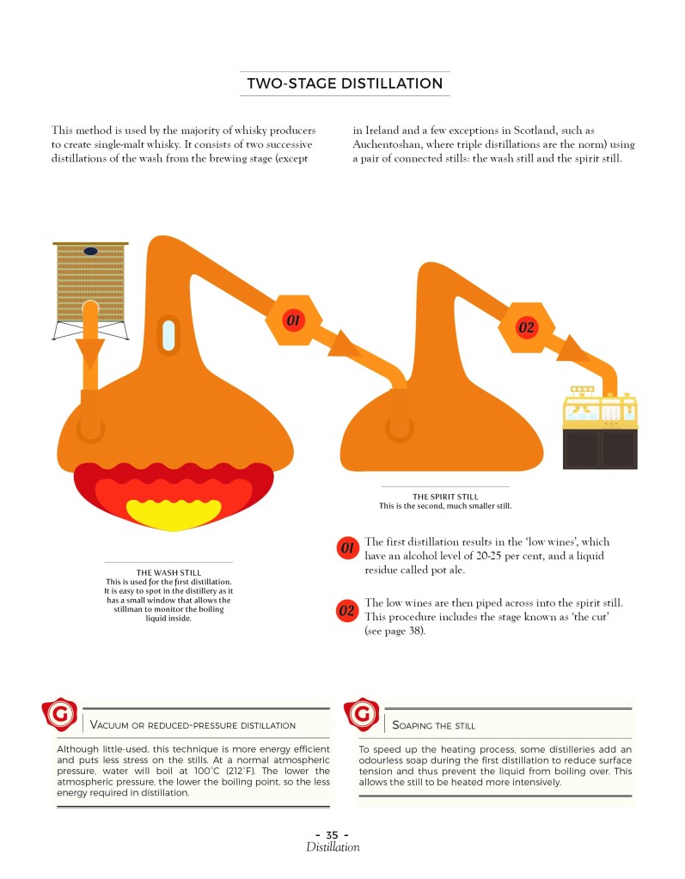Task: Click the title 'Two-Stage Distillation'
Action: click(345, 83)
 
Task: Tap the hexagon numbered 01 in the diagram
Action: click(293, 320)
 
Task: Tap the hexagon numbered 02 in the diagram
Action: click(526, 327)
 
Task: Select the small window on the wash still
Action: click(168, 334)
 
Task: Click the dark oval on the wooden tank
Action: click(91, 251)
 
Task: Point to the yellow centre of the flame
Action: click(174, 512)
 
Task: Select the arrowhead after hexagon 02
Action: click(572, 349)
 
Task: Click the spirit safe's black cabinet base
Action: click(601, 449)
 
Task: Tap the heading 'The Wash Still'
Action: click(168, 572)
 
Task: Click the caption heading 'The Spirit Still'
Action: click(446, 497)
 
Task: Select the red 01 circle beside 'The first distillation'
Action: click(347, 547)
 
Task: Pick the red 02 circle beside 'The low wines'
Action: click(347, 610)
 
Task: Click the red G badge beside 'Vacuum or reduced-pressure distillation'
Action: click(59, 714)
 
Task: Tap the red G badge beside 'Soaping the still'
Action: click(362, 714)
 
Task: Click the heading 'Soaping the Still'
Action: click(433, 725)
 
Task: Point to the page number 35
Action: click(332, 834)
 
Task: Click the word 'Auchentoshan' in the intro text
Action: click(385, 144)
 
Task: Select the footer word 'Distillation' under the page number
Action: click(333, 847)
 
